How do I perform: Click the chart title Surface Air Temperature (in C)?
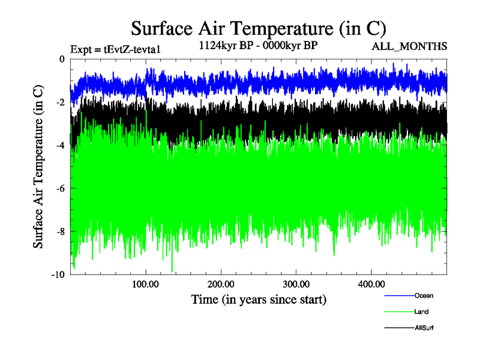coord(259,28)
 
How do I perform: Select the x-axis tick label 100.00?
coord(146,284)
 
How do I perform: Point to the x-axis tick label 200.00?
coord(221,284)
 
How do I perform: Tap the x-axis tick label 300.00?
coord(296,284)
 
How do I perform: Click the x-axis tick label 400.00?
coord(371,284)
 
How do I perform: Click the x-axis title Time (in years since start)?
coord(259,299)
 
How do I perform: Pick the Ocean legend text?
coord(423,295)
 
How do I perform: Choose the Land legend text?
coord(421,311)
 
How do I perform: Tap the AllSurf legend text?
coord(424,328)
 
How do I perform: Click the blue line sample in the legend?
coord(398,295)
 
